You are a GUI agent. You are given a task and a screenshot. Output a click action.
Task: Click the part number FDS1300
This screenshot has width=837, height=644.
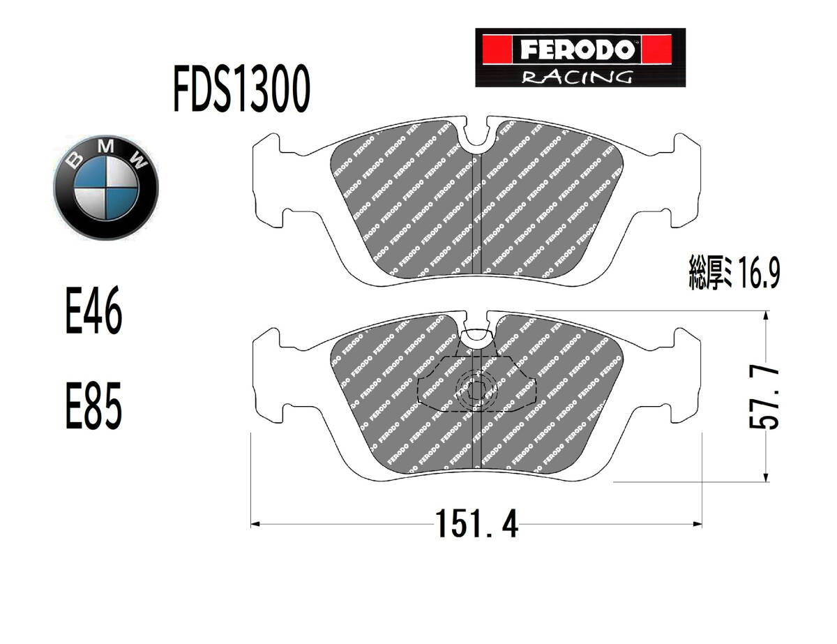pos(242,88)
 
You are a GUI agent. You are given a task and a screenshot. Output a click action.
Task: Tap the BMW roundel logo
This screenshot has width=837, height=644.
pos(106,188)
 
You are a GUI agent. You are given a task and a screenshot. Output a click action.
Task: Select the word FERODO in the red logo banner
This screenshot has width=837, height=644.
pos(577,50)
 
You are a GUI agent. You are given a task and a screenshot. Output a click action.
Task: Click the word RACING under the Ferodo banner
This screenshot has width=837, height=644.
pos(577,77)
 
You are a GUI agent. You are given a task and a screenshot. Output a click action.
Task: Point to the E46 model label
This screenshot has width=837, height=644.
pos(94,310)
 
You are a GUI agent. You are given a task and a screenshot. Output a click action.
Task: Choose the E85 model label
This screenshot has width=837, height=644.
pos(94,405)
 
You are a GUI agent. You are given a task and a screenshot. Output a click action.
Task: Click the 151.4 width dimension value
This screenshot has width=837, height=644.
pos(477,523)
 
